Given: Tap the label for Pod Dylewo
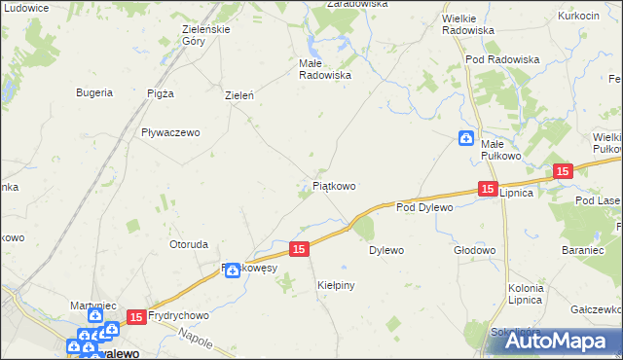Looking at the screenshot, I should point(425,207).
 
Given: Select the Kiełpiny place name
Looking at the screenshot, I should point(336,285).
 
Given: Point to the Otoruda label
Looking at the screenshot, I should point(189,244).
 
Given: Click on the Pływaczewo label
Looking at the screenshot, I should point(170,132).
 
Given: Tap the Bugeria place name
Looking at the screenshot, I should point(94,93).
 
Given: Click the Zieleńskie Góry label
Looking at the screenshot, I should point(206,35).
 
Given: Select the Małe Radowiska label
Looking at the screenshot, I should point(324,68).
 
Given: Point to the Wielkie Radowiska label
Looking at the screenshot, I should point(467,24).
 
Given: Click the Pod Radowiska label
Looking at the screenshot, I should point(502,59).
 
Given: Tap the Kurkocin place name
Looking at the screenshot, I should point(578,17).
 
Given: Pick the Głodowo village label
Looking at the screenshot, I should point(475,250).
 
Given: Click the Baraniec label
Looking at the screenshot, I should point(585,250).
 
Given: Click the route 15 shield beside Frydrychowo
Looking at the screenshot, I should point(136,316).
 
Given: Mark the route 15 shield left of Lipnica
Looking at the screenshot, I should point(488,190).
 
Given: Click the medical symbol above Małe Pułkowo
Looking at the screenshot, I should point(466,138).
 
